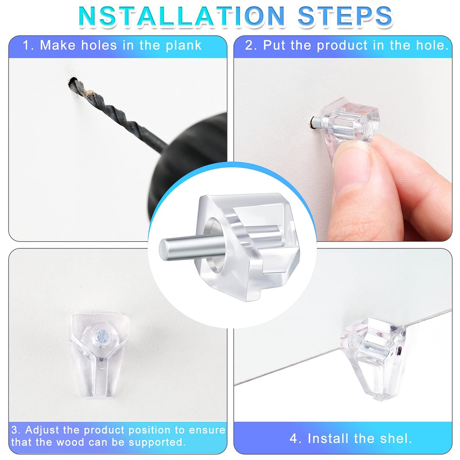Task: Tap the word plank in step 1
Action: coord(184,46)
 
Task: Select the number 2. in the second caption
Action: coord(251,45)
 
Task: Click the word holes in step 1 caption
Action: coord(99,45)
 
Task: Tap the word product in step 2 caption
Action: coord(342,46)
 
